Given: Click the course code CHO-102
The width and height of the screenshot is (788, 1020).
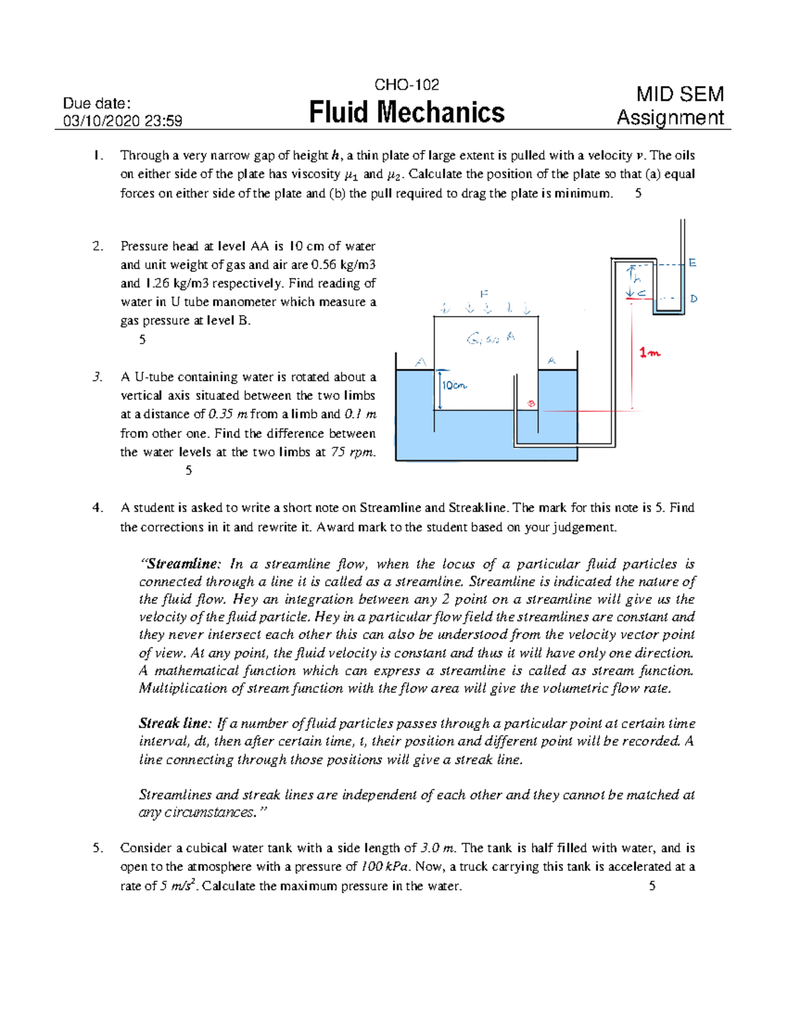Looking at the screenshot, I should tap(406, 85).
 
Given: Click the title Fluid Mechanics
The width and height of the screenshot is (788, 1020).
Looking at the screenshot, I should tap(406, 112).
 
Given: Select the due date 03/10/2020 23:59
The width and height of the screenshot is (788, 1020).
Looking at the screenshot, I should tap(122, 121).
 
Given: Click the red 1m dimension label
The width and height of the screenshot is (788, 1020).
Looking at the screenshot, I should tap(650, 353).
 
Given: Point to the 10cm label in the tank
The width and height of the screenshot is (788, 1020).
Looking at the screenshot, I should tap(453, 386).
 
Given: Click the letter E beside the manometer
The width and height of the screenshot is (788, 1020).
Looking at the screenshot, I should tap(692, 263).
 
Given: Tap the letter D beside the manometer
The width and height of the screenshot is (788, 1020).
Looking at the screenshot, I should tap(693, 299).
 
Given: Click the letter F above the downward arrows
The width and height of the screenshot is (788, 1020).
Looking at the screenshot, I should tap(484, 293).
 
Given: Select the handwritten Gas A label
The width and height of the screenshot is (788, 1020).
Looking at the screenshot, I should tap(491, 338).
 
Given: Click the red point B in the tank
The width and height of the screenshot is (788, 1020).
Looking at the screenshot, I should tap(531, 403).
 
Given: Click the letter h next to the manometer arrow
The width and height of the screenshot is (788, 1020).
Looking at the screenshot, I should tap(636, 278).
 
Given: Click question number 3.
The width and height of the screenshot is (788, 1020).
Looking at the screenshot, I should tap(97, 377).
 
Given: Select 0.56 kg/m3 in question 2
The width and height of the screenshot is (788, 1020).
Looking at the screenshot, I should tap(343, 265).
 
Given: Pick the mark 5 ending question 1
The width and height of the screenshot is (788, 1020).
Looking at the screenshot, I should tap(638, 194).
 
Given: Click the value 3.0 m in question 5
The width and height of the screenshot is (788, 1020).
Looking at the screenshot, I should tap(437, 848).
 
